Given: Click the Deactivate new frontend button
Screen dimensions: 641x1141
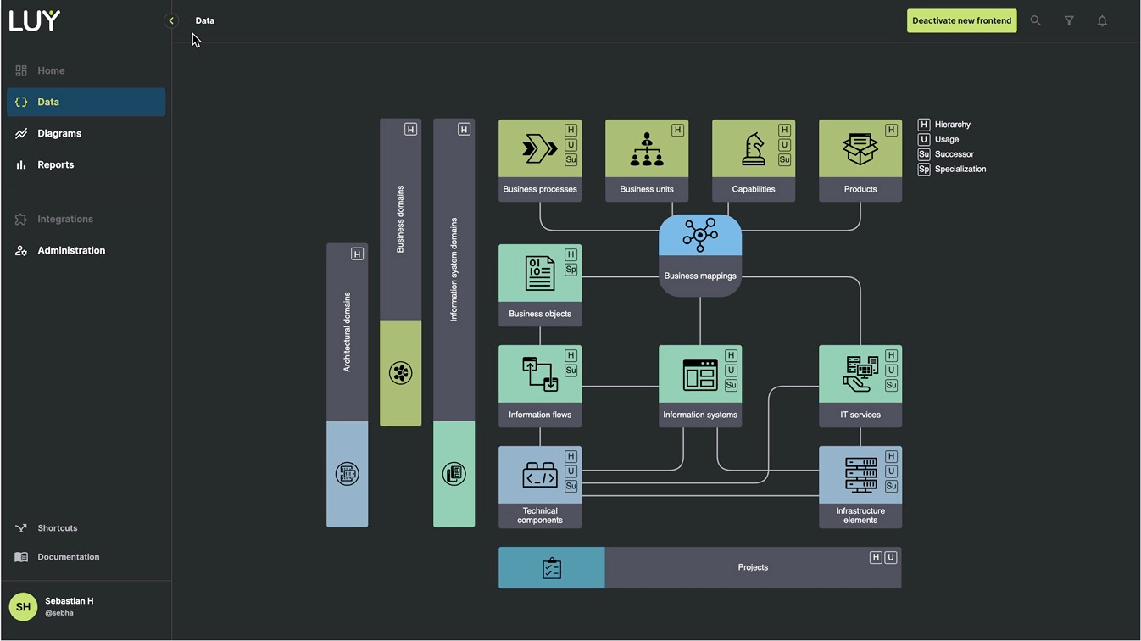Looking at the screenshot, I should click(x=961, y=21).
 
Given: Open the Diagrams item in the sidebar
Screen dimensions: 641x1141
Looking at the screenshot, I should click(x=59, y=133).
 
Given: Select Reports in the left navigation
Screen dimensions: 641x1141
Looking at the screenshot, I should click(x=55, y=164).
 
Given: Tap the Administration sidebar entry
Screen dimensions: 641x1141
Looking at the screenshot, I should click(x=71, y=250).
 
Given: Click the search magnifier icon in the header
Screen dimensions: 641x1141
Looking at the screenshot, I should click(x=1035, y=21).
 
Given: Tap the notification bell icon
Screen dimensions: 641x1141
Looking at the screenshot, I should click(x=1102, y=21).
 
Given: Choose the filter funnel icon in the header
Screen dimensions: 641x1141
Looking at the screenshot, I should click(x=1069, y=21).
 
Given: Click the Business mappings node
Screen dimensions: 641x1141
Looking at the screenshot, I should click(x=700, y=255).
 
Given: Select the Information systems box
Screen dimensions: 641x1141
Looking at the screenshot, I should click(x=700, y=386).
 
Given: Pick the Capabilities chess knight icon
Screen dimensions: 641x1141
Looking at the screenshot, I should click(x=753, y=149).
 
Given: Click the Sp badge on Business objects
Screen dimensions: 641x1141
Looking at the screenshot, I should click(x=570, y=270).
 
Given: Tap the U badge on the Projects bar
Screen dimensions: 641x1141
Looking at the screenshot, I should click(x=891, y=557).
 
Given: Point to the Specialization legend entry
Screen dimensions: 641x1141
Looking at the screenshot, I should click(x=960, y=169).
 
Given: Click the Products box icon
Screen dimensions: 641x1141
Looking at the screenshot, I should click(x=860, y=149).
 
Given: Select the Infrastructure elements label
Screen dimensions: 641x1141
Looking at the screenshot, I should click(x=860, y=516).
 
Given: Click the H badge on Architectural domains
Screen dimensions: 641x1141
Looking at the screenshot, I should click(x=357, y=254).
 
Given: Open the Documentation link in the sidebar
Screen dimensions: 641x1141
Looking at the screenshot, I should click(x=68, y=557).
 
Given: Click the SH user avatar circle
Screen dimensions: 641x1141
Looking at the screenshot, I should click(x=23, y=606).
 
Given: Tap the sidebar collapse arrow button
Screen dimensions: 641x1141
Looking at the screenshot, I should click(x=171, y=20).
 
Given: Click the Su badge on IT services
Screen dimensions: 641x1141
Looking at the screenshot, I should click(x=891, y=385).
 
